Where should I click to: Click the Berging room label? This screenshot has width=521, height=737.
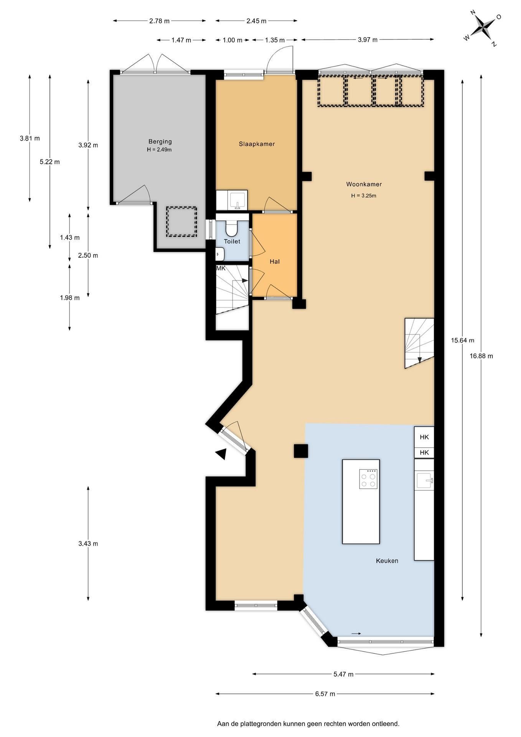(160, 142)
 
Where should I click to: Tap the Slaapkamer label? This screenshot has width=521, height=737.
(257, 144)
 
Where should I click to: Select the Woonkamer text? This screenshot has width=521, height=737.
(364, 184)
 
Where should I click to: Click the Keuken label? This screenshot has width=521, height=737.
(387, 561)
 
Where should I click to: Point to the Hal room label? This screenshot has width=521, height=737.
(274, 261)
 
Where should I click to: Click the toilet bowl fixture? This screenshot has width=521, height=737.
(231, 228)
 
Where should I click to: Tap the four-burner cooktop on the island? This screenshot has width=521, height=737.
(368, 479)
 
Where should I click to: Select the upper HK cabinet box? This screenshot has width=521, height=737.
(424, 437)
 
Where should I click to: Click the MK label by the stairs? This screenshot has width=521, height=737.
(221, 268)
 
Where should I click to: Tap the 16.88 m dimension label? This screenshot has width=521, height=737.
(481, 356)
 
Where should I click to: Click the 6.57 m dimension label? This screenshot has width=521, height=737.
(325, 694)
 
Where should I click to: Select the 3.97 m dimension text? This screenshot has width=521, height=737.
(368, 40)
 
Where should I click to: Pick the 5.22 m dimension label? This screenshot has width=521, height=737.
(49, 162)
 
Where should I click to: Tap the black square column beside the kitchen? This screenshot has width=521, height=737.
(301, 451)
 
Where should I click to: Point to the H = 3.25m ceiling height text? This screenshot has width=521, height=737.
(364, 196)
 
